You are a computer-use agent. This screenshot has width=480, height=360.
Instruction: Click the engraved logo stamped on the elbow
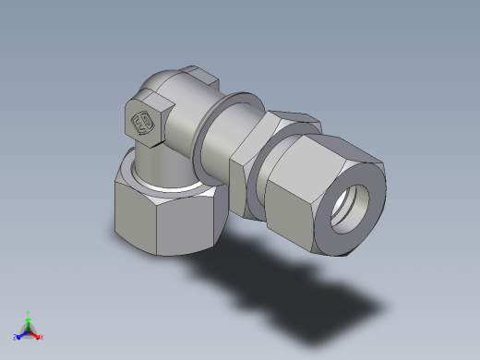click(144, 122)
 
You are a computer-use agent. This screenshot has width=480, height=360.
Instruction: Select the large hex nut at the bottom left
click(165, 212)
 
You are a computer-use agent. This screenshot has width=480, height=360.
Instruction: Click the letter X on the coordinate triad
click(42, 337)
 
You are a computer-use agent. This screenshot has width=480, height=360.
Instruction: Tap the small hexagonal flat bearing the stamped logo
click(144, 122)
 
